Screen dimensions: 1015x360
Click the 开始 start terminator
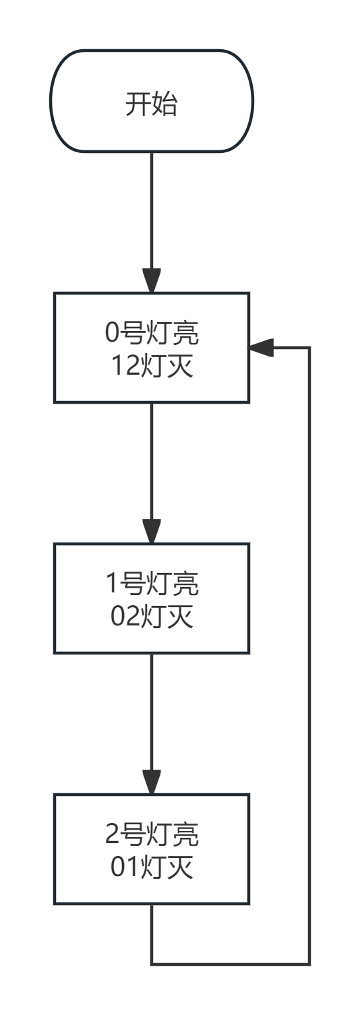pos(152,101)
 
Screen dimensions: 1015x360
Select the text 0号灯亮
pos(152,334)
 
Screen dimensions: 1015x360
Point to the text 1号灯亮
pos(152,584)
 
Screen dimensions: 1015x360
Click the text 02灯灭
pos(152,616)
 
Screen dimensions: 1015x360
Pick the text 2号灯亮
pos(152,835)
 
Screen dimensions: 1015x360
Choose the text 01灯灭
pos(152,867)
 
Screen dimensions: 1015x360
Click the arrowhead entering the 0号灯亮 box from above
pos(152,280)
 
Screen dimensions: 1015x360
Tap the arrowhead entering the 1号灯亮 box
pos(152,531)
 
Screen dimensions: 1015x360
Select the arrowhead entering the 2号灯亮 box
pos(152,782)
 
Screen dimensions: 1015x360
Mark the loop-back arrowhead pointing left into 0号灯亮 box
pos(262,348)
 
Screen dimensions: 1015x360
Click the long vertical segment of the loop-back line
pos(309,654)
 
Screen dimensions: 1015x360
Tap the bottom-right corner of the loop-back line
pos(309,964)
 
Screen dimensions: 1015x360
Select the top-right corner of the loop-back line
pos(309,348)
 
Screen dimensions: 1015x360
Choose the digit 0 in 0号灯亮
pos(111,334)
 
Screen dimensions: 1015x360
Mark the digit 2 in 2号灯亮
pos(112,835)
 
